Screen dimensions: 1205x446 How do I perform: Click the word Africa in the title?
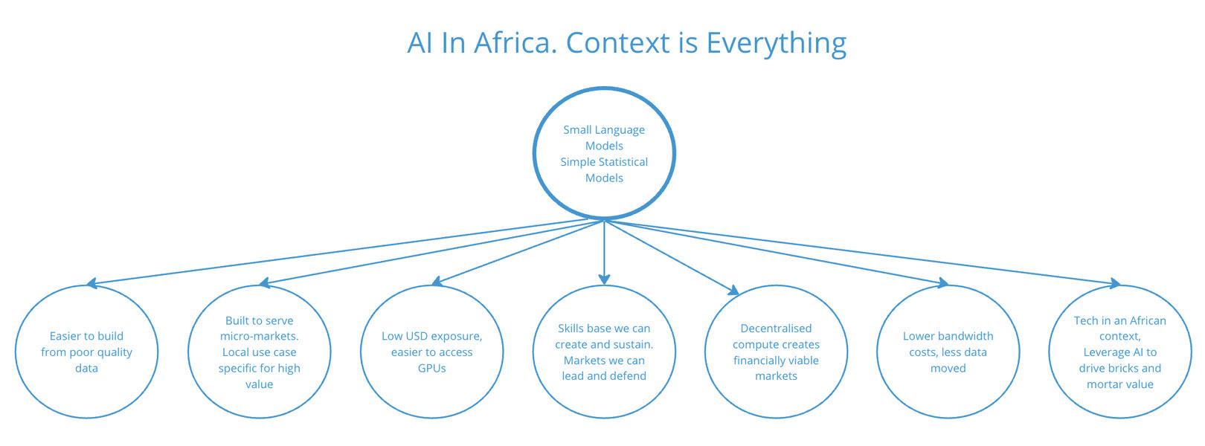pyautogui.click(x=515, y=42)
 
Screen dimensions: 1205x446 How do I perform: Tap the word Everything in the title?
pyautogui.click(x=777, y=44)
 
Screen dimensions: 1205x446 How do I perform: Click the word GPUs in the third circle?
pyautogui.click(x=432, y=368)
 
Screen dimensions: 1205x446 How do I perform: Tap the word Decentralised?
pyautogui.click(x=776, y=329)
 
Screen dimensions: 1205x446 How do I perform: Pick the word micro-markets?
pyautogui.click(x=260, y=336)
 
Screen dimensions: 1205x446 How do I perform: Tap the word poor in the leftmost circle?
pyautogui.click(x=82, y=352)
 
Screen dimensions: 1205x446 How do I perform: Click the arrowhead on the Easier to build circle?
pyautogui.click(x=92, y=283)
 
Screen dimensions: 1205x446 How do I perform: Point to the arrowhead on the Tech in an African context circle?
pyautogui.click(x=1114, y=283)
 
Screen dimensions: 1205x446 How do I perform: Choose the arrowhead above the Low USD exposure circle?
pyautogui.click(x=437, y=281)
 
